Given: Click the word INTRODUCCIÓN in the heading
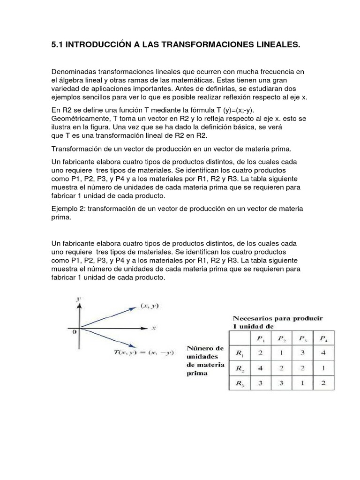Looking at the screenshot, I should click(x=99, y=45).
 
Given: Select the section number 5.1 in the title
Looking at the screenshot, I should click(x=57, y=45).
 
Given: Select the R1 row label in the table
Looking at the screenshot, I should click(x=240, y=353).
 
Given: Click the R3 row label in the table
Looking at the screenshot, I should click(x=240, y=383).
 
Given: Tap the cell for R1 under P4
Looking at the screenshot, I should click(x=323, y=353).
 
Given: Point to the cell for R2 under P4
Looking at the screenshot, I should click(x=323, y=368).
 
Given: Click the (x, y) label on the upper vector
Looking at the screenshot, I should click(x=150, y=306).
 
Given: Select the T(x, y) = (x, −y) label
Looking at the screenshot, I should click(x=136, y=352).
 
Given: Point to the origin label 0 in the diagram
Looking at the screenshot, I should click(x=74, y=332).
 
